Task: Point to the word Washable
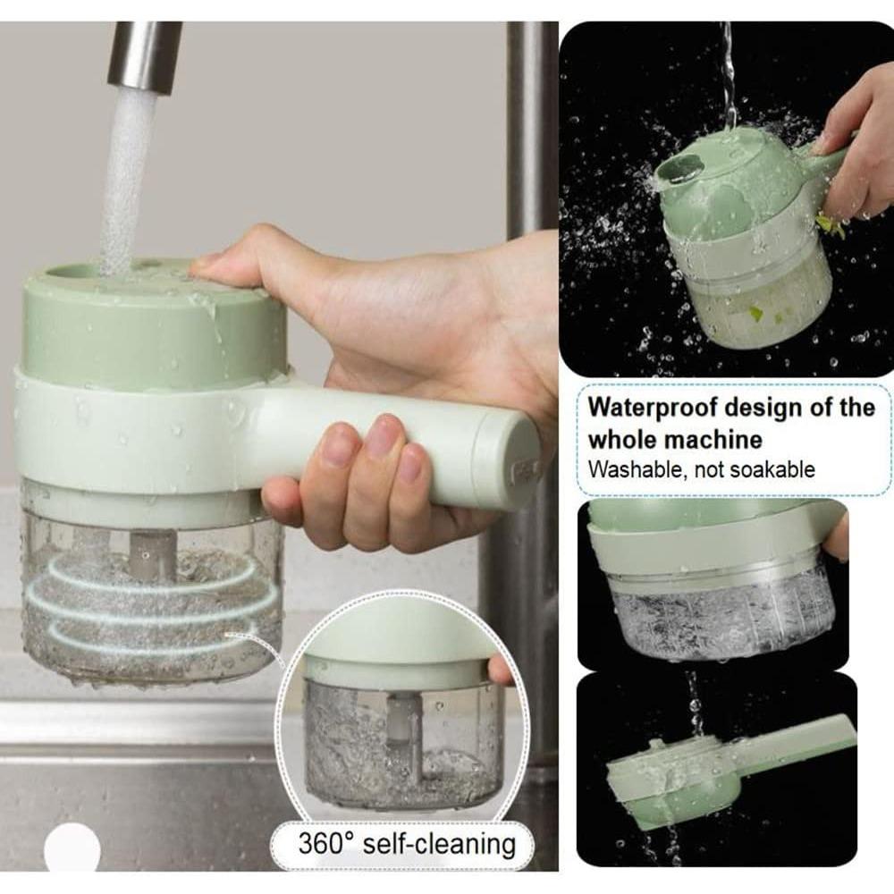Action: [x=631, y=468]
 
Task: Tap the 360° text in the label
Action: [x=330, y=842]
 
